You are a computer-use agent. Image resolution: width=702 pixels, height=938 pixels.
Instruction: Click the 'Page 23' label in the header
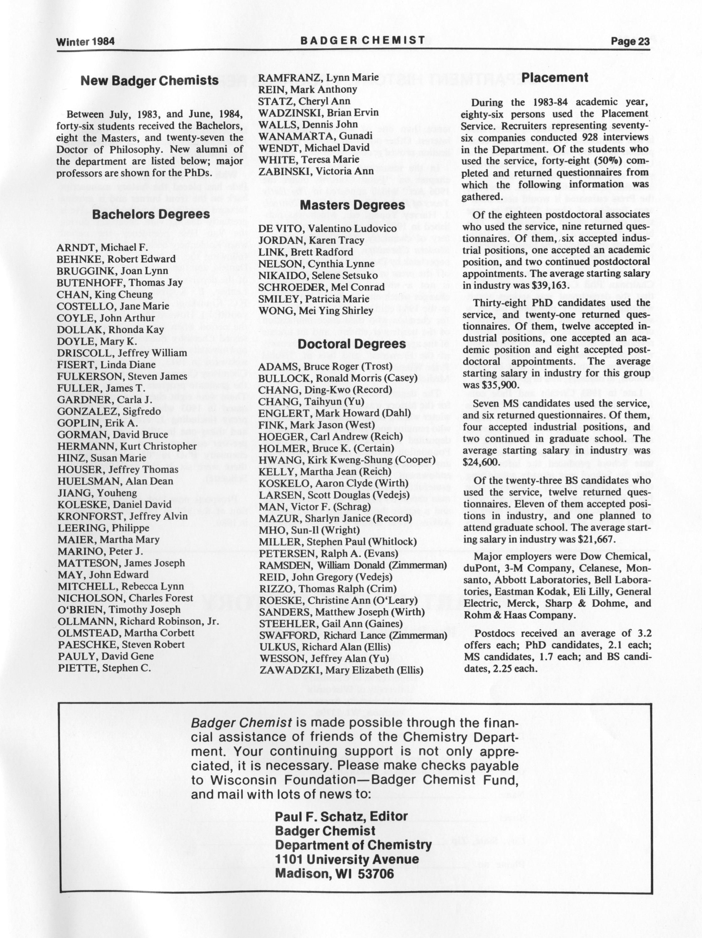pos(630,41)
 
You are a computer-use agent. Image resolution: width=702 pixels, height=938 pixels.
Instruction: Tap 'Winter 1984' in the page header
pos(86,41)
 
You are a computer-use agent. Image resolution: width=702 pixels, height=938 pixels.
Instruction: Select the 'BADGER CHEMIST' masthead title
pos(363,40)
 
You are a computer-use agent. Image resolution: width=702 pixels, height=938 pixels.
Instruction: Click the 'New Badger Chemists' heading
pos(150,81)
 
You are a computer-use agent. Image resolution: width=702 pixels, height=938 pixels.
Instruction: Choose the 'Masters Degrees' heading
pos(352,205)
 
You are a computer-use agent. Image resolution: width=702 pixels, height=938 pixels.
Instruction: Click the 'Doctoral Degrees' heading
pos(352,344)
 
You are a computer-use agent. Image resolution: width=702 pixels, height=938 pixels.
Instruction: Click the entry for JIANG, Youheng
pos(97,493)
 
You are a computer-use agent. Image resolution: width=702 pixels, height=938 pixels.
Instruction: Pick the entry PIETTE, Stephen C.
pos(104,668)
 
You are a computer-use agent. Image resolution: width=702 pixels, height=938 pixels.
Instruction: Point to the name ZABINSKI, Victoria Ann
pos(316,171)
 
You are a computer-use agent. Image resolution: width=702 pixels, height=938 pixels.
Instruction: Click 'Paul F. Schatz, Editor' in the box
pos(341,816)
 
